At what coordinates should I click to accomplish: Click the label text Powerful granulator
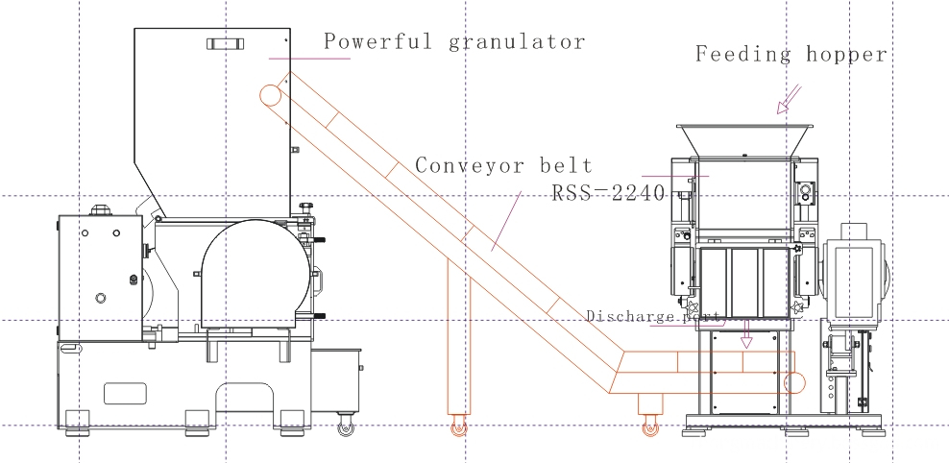click(453, 42)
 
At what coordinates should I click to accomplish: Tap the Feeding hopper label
click(791, 55)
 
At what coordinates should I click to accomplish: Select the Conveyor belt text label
click(503, 165)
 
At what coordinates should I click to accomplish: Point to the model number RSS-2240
click(608, 192)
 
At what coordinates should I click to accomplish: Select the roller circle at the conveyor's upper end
click(270, 94)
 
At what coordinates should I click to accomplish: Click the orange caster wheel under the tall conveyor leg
click(456, 429)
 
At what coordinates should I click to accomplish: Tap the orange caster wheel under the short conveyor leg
click(650, 429)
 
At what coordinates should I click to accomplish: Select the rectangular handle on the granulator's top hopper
click(222, 43)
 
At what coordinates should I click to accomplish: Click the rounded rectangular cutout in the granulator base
click(125, 393)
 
